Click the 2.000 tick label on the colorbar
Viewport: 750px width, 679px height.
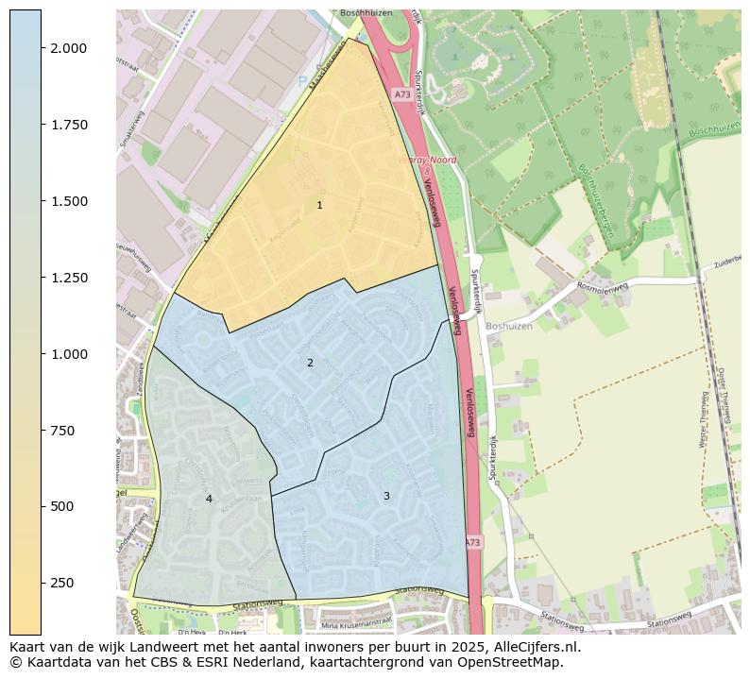click(x=69, y=48)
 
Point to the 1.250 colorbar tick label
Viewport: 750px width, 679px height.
click(x=69, y=278)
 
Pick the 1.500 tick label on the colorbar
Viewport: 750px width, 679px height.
click(x=69, y=201)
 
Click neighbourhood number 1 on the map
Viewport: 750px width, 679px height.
click(x=319, y=205)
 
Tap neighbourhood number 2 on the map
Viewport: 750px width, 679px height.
click(x=310, y=363)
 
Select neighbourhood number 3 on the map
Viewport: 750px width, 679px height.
click(x=386, y=496)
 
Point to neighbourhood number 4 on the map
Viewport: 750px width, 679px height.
click(x=209, y=499)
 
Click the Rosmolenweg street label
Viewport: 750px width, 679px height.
click(x=602, y=288)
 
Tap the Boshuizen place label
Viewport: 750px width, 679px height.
click(x=509, y=326)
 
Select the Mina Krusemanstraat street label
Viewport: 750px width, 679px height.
click(x=356, y=623)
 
